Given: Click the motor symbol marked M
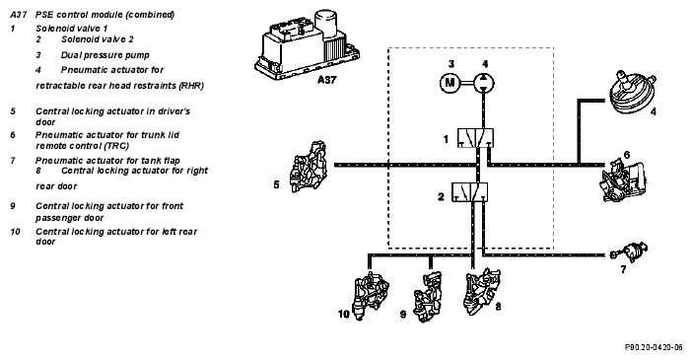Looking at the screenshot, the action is pos(450,83).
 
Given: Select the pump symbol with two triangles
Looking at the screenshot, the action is pos(484,83).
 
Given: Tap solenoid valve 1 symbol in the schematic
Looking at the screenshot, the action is pos(475,138).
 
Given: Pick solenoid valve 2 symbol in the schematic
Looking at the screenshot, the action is pos(469,192).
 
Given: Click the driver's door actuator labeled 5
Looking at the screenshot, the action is pos(308,167).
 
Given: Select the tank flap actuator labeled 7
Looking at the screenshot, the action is pos(630,252).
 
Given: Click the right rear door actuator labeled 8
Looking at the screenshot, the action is pos(481,291).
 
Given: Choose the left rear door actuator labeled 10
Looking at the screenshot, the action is pos(370,295).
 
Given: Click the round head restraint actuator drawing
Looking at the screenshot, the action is pos(632,93).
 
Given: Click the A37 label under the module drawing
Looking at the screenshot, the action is pos(326,80).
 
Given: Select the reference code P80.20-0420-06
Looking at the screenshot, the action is pos(654,347).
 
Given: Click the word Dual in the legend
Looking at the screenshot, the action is pos(71,55).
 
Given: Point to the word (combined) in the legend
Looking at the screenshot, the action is pos(150,15).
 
